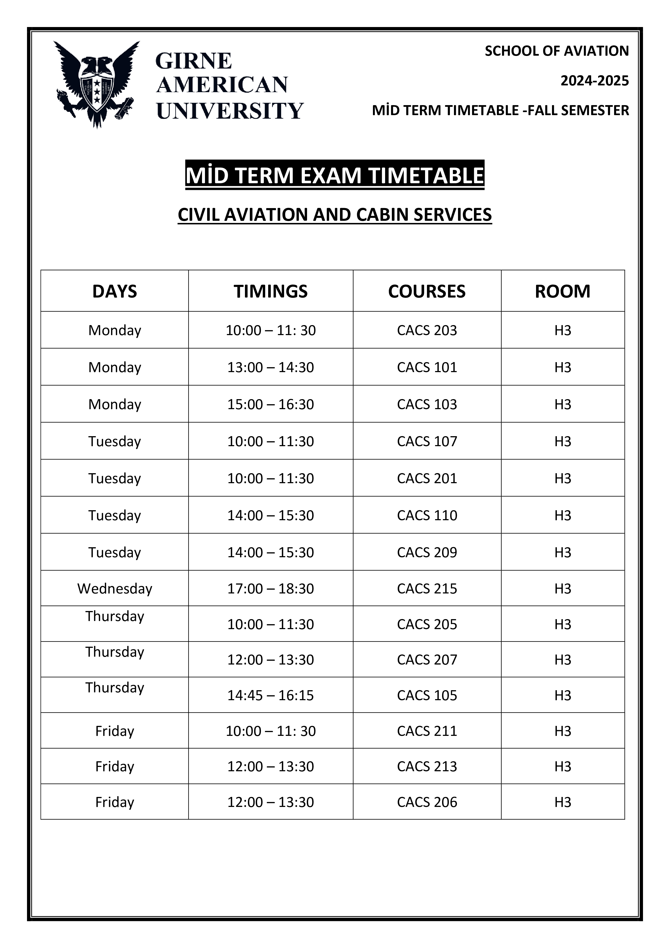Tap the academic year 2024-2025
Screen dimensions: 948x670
[x=594, y=81]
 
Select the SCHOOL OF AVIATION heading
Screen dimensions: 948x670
[x=557, y=51]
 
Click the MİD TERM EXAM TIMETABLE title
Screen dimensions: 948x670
[x=335, y=175]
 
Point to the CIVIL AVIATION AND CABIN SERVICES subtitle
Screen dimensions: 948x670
[x=335, y=215]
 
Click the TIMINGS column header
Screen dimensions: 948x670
[x=271, y=291]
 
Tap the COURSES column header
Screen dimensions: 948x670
[x=427, y=291]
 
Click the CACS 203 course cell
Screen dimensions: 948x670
[x=427, y=330]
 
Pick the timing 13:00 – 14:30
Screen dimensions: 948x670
[x=271, y=367]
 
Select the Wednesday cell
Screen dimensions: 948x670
[x=115, y=588]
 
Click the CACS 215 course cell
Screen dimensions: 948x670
[x=427, y=588]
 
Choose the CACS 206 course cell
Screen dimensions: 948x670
[x=427, y=802]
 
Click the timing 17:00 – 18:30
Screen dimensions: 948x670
[x=271, y=588]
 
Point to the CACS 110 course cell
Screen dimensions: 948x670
[x=427, y=515]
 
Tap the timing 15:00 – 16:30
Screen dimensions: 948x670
[x=271, y=404]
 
